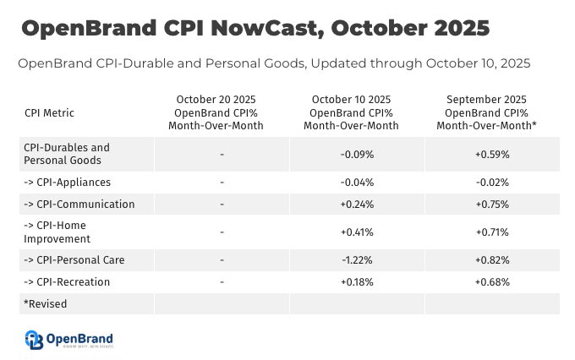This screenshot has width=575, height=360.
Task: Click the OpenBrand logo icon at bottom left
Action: [x=34, y=340]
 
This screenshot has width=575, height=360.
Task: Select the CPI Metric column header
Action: [x=50, y=112]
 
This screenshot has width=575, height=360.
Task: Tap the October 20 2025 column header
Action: [x=221, y=112]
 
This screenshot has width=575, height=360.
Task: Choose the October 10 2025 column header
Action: [x=356, y=112]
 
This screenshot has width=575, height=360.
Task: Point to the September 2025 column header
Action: [x=491, y=112]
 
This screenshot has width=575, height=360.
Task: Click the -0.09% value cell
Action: [x=356, y=154]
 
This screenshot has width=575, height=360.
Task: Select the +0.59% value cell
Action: [x=491, y=154]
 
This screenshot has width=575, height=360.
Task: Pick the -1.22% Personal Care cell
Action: [x=356, y=259]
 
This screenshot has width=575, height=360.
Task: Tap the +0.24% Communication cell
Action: [x=356, y=204]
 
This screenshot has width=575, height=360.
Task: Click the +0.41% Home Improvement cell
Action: [x=356, y=232]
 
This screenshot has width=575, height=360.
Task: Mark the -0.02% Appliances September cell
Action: [x=491, y=182]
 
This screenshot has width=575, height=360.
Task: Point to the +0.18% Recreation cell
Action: [x=356, y=281]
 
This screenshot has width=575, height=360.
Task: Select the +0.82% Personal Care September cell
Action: [x=491, y=259]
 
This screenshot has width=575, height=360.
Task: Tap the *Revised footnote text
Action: [x=46, y=303]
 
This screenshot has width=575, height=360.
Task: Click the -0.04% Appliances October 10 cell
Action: [x=356, y=182]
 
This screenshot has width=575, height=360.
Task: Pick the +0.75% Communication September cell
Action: [x=491, y=204]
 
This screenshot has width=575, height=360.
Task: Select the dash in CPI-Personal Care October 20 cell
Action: [x=221, y=259]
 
